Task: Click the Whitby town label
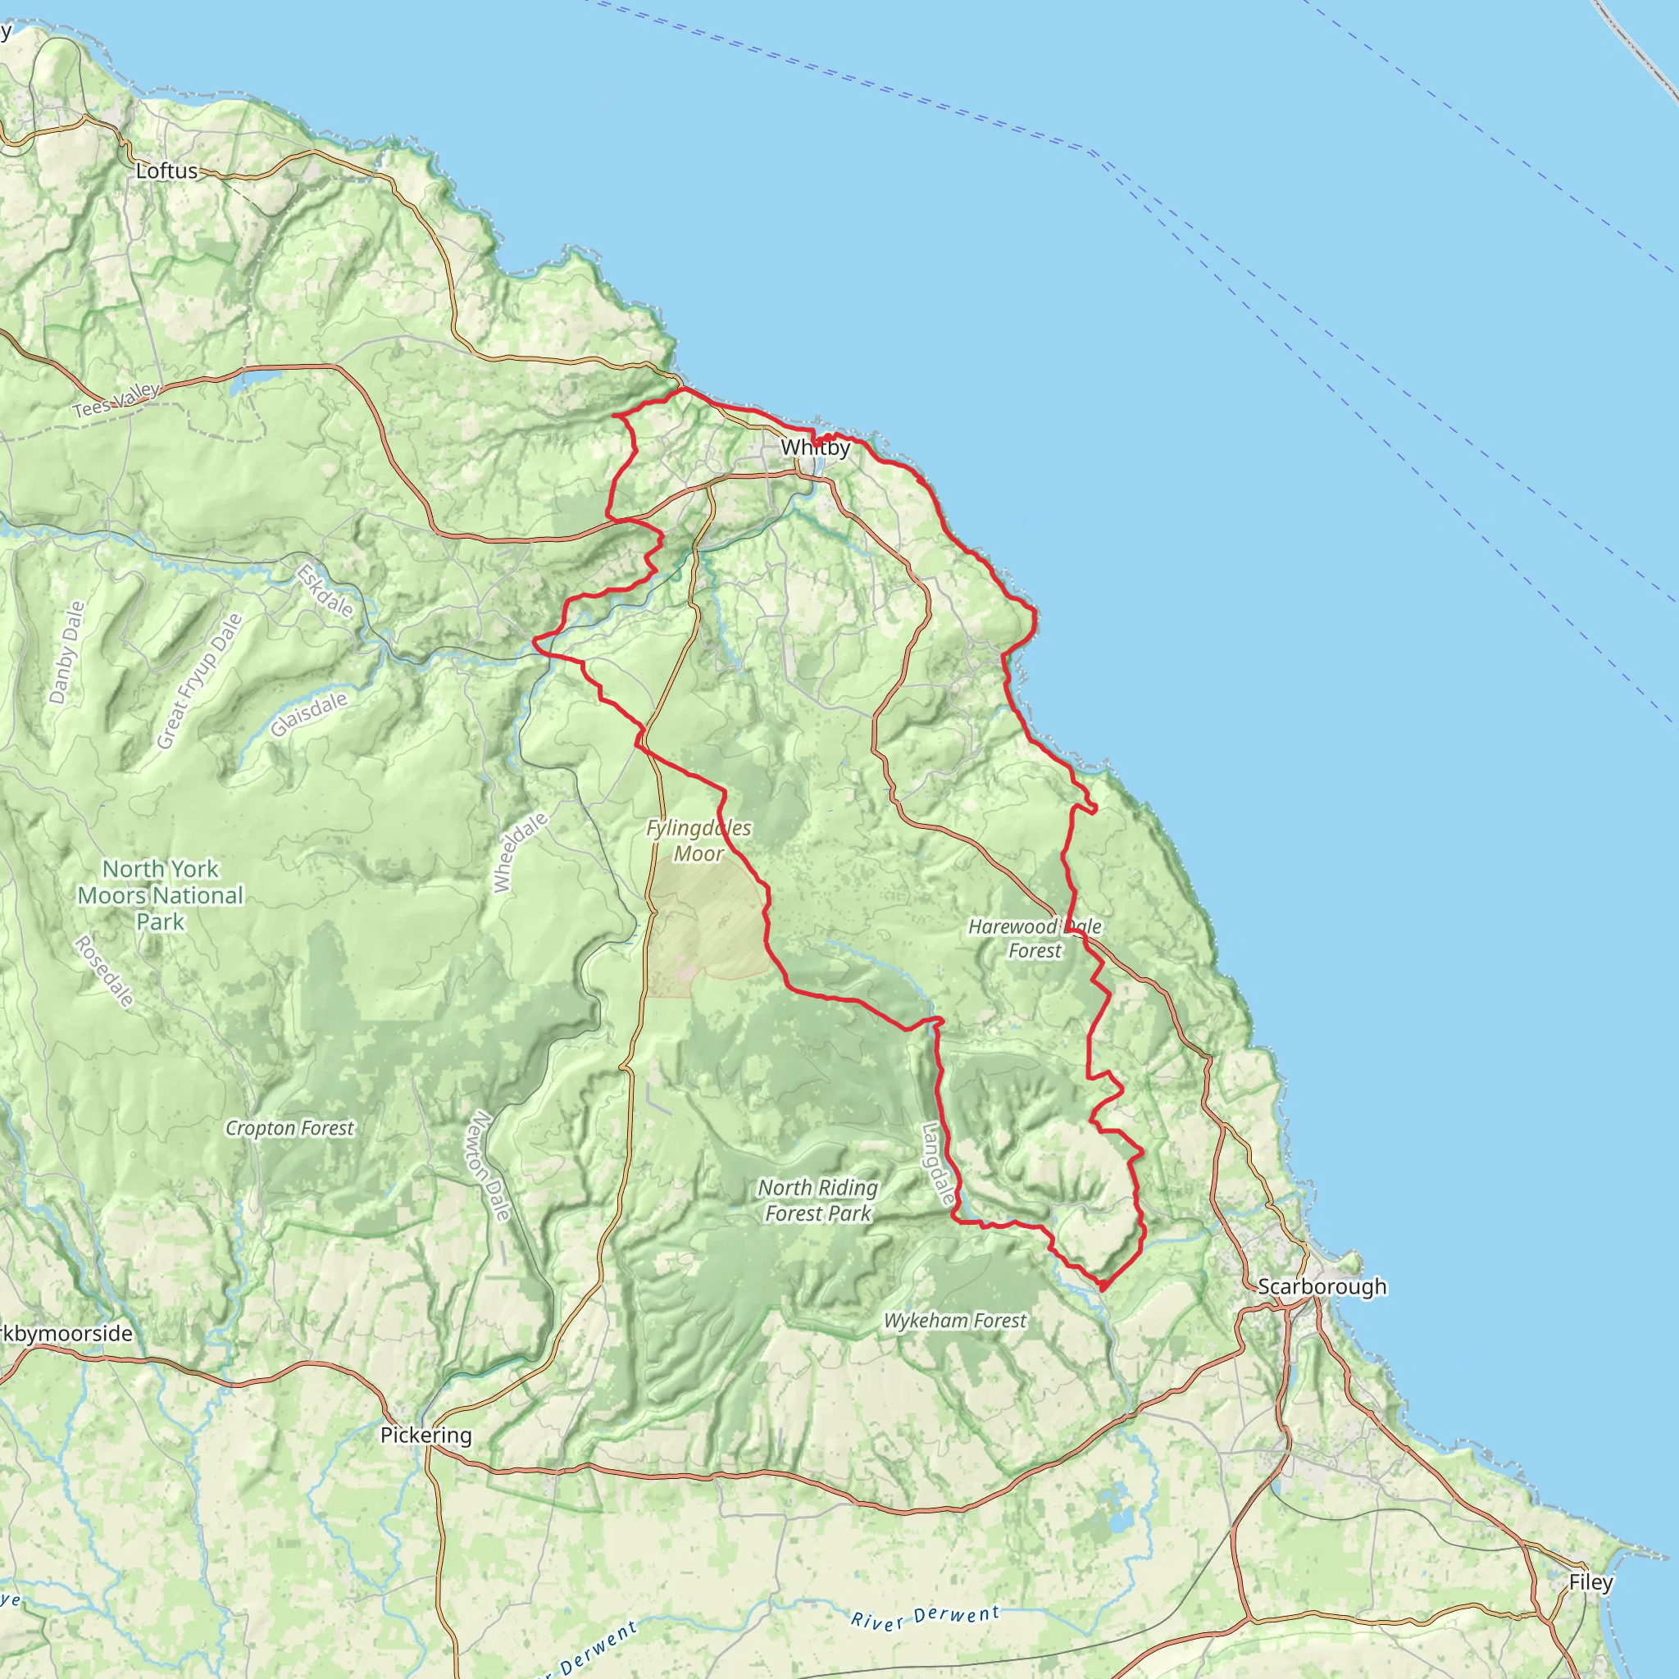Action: (x=814, y=448)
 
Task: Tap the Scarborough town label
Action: (x=1322, y=1286)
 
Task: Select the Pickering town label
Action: (x=425, y=1435)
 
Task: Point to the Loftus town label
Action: (x=167, y=171)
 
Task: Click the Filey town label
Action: (x=1590, y=1582)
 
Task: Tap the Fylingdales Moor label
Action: (x=698, y=840)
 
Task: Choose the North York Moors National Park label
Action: (x=161, y=895)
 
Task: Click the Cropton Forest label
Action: (x=289, y=1128)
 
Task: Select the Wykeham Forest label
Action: (x=954, y=1321)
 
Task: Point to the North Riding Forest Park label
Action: (x=817, y=1200)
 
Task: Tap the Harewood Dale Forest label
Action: (x=1035, y=939)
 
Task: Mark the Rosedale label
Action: (x=104, y=971)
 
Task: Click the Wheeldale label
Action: (x=520, y=852)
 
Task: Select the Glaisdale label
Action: (x=308, y=714)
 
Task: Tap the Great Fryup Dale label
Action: (x=199, y=681)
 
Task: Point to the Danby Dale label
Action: (x=67, y=652)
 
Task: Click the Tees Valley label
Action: (x=116, y=400)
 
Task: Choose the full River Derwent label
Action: (x=925, y=1618)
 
